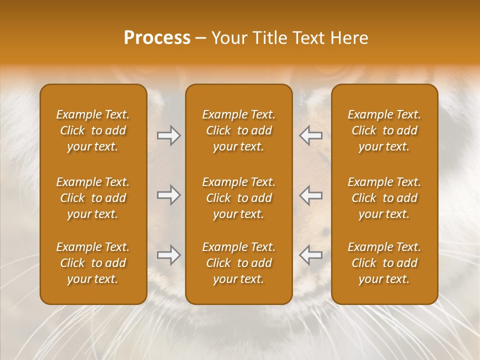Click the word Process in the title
tap(157, 38)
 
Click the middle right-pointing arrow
tap(169, 195)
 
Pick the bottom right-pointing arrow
tap(169, 255)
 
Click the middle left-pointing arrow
tap(310, 195)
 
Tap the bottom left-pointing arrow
tap(310, 255)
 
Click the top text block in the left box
tap(93, 130)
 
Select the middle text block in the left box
tap(93, 198)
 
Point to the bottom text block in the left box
tap(93, 263)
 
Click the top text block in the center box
tap(238, 130)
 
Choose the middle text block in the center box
tap(238, 198)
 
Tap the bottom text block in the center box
tap(238, 263)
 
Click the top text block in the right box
tap(384, 130)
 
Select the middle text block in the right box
tap(384, 198)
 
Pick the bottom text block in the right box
tap(384, 263)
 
